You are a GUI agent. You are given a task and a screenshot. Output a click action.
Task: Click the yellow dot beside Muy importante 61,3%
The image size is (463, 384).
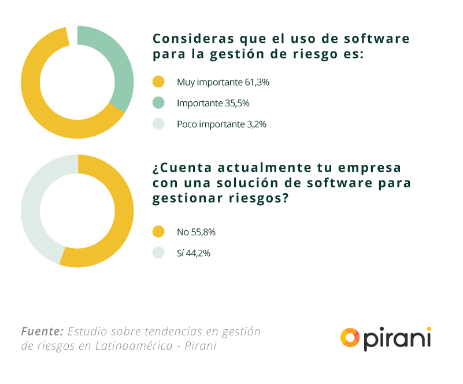pos(158,82)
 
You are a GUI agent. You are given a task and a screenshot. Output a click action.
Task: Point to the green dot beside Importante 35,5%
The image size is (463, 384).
pos(158,103)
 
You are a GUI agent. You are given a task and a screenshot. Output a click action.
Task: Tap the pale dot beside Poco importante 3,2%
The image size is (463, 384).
pos(158,124)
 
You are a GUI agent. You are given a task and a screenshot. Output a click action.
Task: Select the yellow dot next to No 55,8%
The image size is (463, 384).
pos(158,232)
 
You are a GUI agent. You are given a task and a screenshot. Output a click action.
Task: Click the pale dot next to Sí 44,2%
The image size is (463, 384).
pos(158,253)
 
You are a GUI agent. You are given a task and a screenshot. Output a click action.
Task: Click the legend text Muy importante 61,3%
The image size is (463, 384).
pos(223,82)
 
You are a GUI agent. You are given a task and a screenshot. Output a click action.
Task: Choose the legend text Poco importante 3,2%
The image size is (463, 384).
pos(221,124)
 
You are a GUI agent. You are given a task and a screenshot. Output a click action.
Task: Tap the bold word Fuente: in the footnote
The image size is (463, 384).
pos(42,331)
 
